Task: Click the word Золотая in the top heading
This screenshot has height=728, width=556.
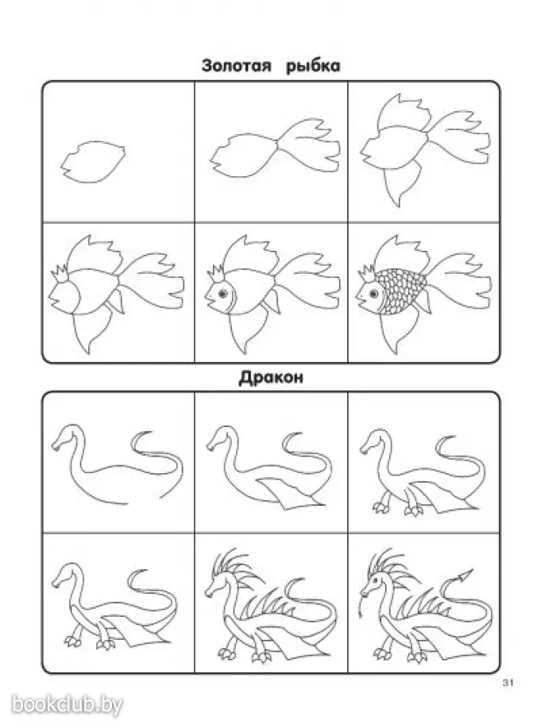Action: tap(237, 65)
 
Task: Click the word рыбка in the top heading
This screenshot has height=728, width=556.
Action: tap(313, 67)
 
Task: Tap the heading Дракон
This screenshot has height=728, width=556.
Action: tap(271, 377)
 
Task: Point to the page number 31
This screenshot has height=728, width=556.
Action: tap(508, 683)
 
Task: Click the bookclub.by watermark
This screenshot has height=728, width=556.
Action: tap(67, 705)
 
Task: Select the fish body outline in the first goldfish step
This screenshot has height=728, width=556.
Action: tap(93, 162)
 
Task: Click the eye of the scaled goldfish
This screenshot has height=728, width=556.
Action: tap(373, 294)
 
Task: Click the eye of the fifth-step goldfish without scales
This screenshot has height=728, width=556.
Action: tap(222, 294)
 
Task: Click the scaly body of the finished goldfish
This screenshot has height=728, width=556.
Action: tap(402, 291)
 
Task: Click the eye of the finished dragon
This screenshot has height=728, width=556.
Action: tap(375, 580)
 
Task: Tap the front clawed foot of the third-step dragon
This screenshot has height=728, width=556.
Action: tap(381, 507)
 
